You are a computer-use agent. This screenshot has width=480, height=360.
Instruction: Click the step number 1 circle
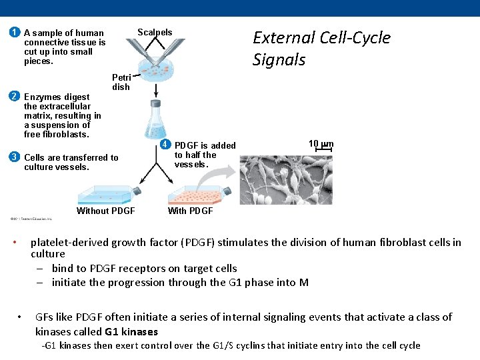[14, 33]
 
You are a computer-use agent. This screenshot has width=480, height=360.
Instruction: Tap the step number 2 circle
[14, 95]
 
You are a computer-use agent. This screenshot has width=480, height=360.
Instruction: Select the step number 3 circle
[14, 157]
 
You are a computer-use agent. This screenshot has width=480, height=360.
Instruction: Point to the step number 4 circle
[165, 145]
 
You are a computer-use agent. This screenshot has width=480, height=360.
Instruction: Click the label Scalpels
[155, 33]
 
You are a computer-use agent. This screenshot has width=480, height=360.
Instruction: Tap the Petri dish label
[121, 82]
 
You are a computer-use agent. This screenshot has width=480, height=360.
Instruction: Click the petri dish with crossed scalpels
[155, 66]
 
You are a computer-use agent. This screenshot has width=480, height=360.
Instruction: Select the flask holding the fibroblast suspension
[156, 123]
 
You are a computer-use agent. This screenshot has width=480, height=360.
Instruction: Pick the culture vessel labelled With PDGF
[198, 194]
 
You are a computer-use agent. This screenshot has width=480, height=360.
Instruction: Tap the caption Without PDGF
[106, 211]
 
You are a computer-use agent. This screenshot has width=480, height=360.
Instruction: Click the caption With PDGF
[190, 211]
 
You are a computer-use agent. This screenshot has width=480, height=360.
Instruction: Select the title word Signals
[279, 60]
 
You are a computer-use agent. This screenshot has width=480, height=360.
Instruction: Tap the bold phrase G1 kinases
[131, 331]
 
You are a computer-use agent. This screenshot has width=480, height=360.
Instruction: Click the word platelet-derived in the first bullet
[70, 242]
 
